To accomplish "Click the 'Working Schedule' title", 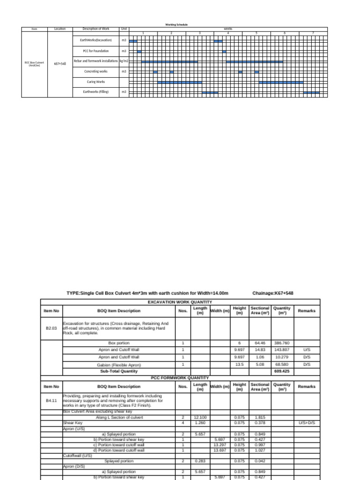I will pyautogui.click(x=176, y=24).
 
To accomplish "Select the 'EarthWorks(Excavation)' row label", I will pyautogui.click(x=96, y=41).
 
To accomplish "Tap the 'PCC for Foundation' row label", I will pyautogui.click(x=96, y=51).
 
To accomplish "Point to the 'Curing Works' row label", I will pyautogui.click(x=96, y=82).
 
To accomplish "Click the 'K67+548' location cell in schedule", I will pyautogui.click(x=60, y=63).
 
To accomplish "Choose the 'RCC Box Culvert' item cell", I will pyautogui.click(x=34, y=64).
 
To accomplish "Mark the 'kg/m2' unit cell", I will pyautogui.click(x=124, y=61).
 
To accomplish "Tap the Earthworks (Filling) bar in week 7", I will pyautogui.click(x=311, y=92).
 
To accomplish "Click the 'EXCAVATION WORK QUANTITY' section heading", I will pyautogui.click(x=180, y=302).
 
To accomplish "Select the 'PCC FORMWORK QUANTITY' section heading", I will pyautogui.click(x=180, y=377).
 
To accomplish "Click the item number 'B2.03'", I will pyautogui.click(x=51, y=329).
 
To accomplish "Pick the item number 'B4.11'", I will pyautogui.click(x=51, y=401).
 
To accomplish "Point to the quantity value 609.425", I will pyautogui.click(x=282, y=371).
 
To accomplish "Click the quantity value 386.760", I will pyautogui.click(x=282, y=343).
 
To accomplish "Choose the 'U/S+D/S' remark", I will pyautogui.click(x=307, y=422).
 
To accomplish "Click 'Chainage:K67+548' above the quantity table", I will pyautogui.click(x=273, y=293).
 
